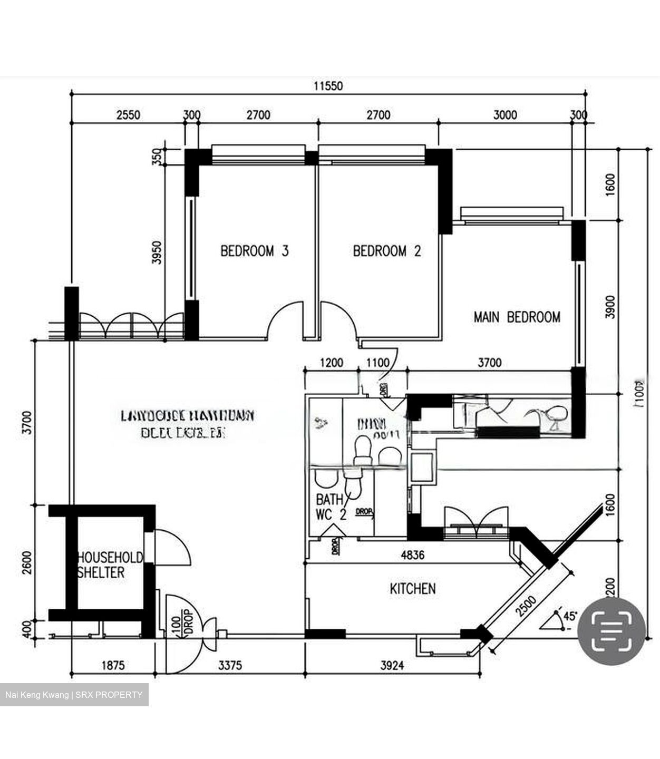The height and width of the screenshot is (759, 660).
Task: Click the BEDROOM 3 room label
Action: [254, 251]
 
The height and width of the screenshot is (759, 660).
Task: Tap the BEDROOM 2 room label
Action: [387, 251]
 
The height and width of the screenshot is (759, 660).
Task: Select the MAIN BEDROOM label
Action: [517, 317]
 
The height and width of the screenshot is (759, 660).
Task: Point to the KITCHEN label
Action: [413, 589]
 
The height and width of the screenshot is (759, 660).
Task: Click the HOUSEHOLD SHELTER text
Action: [110, 565]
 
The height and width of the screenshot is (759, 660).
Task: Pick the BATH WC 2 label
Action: [331, 507]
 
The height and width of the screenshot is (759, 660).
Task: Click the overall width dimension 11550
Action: [328, 85]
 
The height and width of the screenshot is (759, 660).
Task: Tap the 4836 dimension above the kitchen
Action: [412, 555]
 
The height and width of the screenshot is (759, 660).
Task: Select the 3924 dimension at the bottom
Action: [392, 666]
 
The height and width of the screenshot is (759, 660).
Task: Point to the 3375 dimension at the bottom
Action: [230, 666]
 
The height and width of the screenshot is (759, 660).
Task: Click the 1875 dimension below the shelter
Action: [113, 666]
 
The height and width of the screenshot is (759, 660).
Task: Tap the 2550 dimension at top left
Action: [128, 115]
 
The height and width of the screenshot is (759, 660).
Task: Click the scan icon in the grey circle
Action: [612, 631]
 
